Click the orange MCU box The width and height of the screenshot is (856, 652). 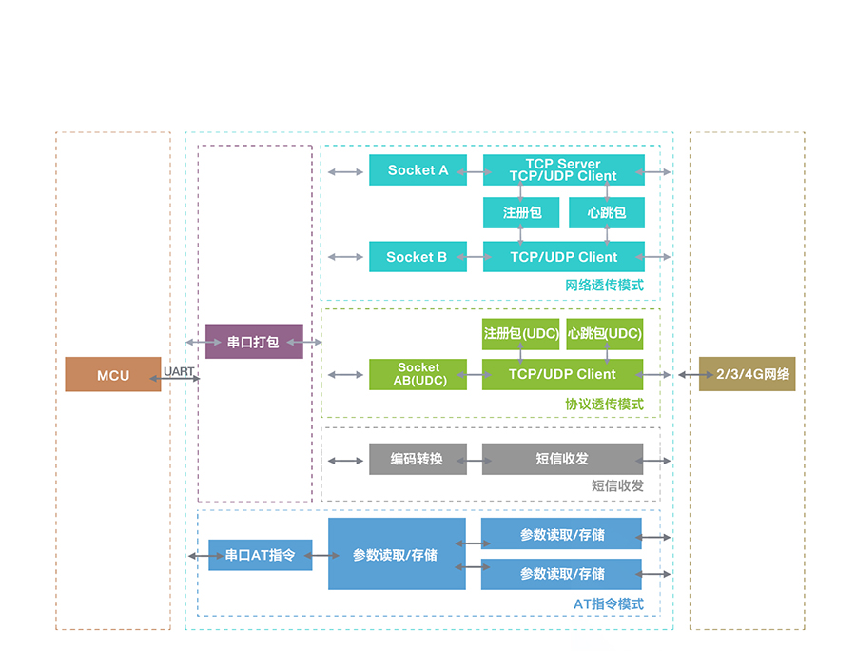112,375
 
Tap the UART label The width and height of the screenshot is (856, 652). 179,370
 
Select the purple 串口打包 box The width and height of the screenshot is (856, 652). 254,341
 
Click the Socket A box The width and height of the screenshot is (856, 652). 418,170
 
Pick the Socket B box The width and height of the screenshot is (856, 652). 418,257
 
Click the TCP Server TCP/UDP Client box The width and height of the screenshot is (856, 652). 563,170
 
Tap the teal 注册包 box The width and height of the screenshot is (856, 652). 522,212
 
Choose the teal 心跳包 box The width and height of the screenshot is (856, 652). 606,212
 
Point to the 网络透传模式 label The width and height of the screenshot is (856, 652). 604,285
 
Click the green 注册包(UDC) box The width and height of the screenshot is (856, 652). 520,334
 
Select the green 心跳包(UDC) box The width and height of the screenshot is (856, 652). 605,334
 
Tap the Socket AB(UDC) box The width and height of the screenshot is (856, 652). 418,374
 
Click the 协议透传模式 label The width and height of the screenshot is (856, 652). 604,404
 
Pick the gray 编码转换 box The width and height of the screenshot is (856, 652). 418,459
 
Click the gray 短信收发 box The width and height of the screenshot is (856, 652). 562,459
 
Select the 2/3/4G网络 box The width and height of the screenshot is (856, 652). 747,374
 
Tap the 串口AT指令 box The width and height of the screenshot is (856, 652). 260,555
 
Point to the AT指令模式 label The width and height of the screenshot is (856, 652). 608,603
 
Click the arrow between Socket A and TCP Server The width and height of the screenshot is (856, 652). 475,172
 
